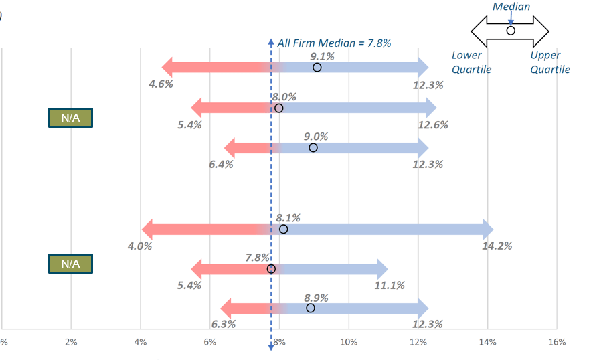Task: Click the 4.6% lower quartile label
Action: click(x=161, y=84)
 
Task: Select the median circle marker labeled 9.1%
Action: click(x=317, y=67)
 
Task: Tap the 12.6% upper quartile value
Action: click(x=432, y=124)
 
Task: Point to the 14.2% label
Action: click(x=497, y=246)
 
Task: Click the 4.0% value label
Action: click(x=140, y=246)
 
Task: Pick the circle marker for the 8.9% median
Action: click(x=310, y=308)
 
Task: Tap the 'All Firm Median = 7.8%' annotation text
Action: click(x=334, y=43)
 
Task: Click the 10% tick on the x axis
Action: click(x=349, y=342)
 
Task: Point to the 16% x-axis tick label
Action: click(x=557, y=342)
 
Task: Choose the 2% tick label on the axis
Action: click(x=71, y=342)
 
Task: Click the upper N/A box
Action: click(x=70, y=118)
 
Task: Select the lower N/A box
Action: click(x=70, y=264)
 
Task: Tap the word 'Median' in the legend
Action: click(x=511, y=7)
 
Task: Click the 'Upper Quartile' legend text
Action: click(x=550, y=62)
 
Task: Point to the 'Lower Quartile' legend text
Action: click(x=471, y=62)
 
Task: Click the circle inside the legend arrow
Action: click(x=511, y=31)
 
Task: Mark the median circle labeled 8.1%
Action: click(x=283, y=229)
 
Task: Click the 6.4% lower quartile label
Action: click(x=221, y=164)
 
